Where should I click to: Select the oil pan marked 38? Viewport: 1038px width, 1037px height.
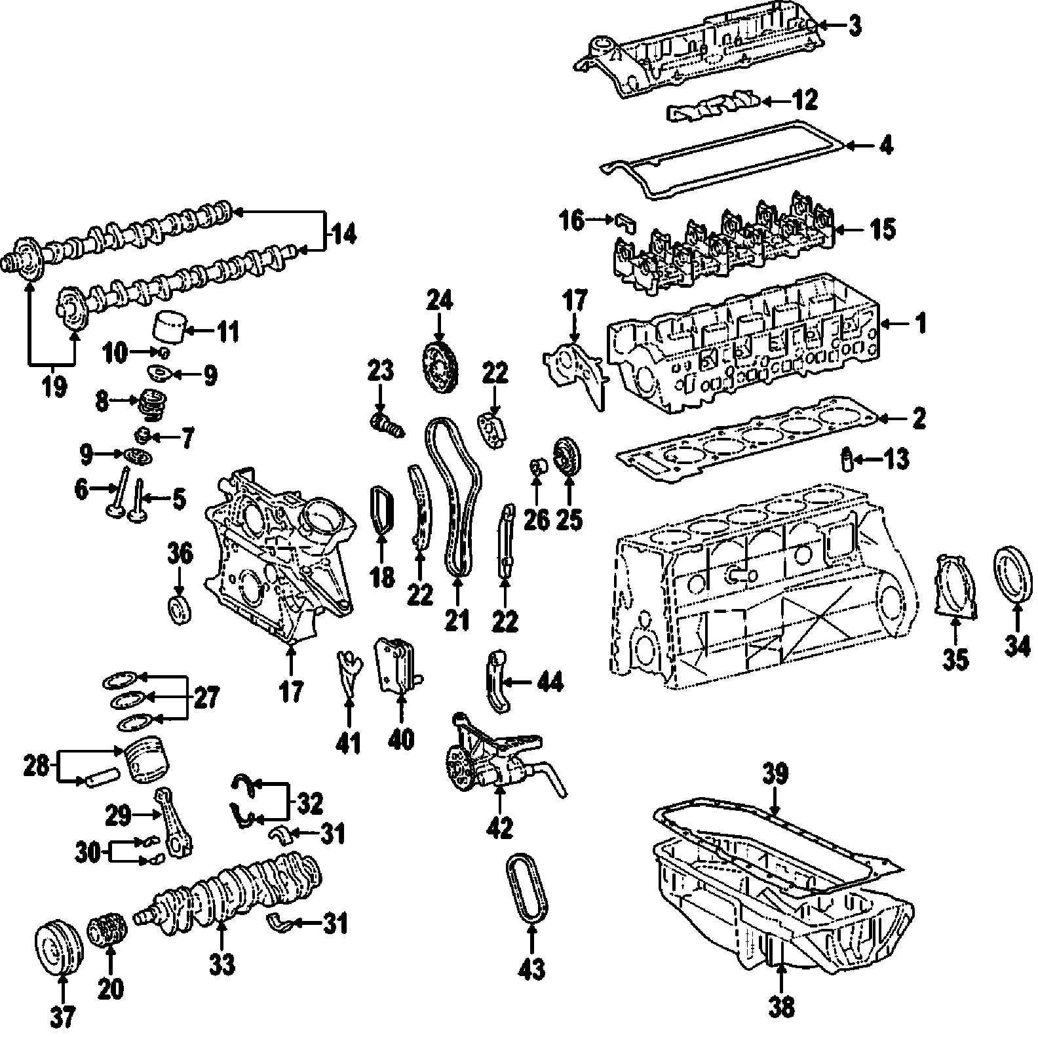[x=780, y=905]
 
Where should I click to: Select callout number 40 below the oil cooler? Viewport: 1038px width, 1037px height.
[x=401, y=739]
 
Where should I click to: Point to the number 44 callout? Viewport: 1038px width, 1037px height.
[x=549, y=682]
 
